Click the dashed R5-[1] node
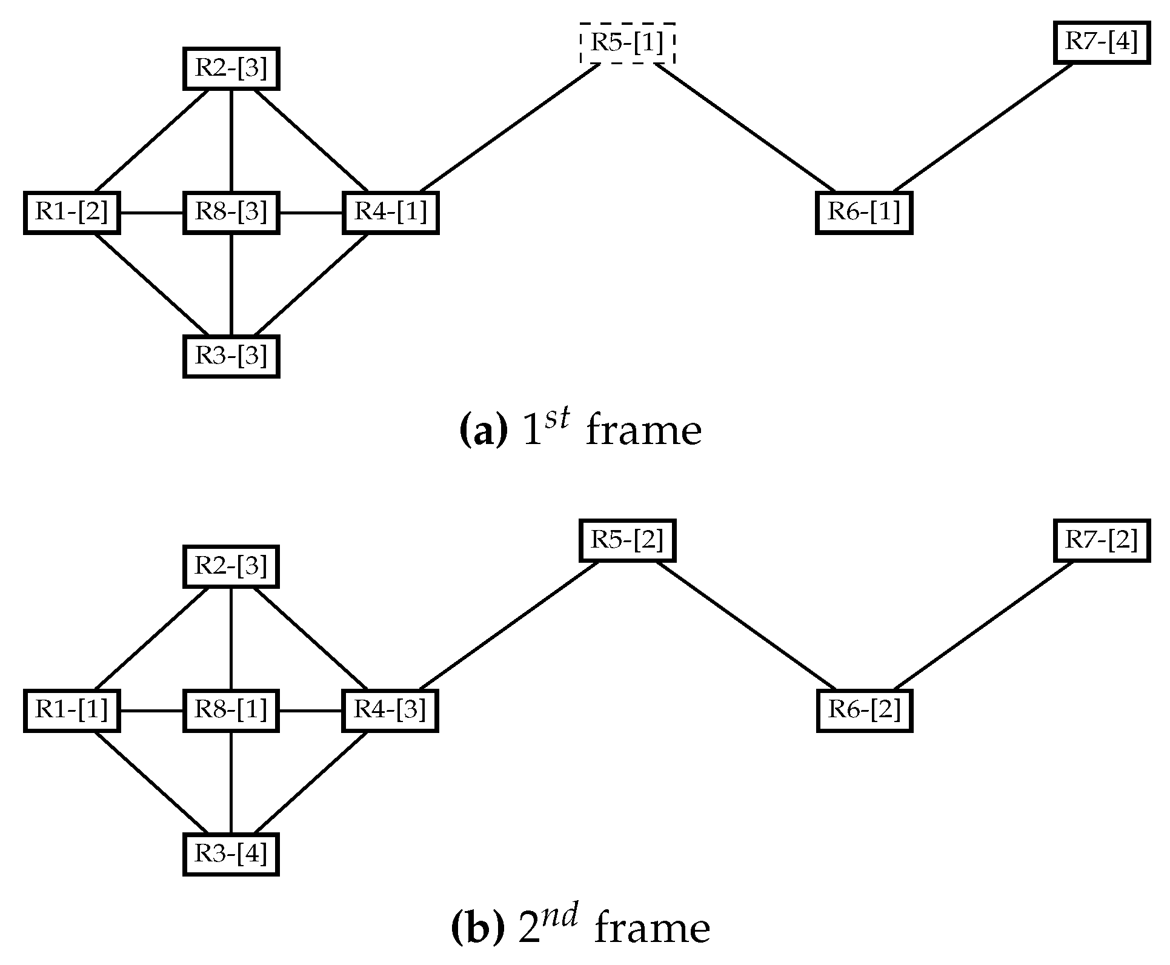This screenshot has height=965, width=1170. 627,43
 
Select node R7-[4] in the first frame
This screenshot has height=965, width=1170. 1101,42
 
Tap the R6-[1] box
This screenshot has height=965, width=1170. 863,213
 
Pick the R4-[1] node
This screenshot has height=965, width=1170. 390,213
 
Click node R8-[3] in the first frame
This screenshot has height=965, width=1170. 231,213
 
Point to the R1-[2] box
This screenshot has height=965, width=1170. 71,213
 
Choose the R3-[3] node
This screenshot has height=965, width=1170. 231,357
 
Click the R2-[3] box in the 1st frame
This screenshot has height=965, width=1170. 231,68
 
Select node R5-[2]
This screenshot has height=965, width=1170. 627,540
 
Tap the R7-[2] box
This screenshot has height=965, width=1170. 1101,540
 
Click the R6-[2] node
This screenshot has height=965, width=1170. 863,710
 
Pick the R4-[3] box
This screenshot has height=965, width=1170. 390,710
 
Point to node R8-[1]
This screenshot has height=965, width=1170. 231,710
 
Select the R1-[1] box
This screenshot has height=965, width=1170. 71,710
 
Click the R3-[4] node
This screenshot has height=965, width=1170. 231,854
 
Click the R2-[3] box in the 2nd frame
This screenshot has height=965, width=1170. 231,566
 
